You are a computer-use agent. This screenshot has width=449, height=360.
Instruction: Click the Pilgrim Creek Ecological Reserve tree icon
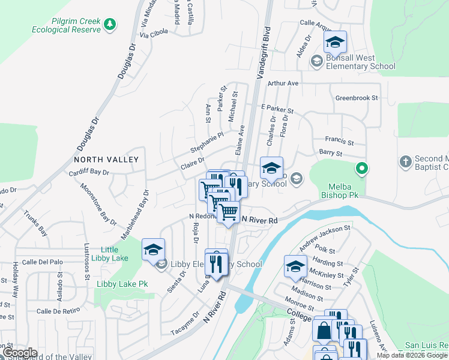click(109, 24)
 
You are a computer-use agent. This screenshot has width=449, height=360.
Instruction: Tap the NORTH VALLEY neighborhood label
click(106, 160)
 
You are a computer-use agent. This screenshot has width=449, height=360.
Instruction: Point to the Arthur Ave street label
click(283, 83)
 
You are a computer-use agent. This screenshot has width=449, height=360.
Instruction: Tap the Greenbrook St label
click(357, 97)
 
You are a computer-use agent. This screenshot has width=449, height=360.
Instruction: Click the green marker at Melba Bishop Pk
click(361, 169)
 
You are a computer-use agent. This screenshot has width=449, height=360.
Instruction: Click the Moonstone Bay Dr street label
click(99, 202)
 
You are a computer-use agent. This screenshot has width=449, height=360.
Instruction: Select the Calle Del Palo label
click(42, 262)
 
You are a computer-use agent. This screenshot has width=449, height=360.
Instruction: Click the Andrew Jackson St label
click(325, 237)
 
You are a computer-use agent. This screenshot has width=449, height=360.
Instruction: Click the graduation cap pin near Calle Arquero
click(335, 43)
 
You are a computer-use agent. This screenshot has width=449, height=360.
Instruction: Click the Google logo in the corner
click(19, 353)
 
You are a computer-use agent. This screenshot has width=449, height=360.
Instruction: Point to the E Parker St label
click(277, 109)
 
